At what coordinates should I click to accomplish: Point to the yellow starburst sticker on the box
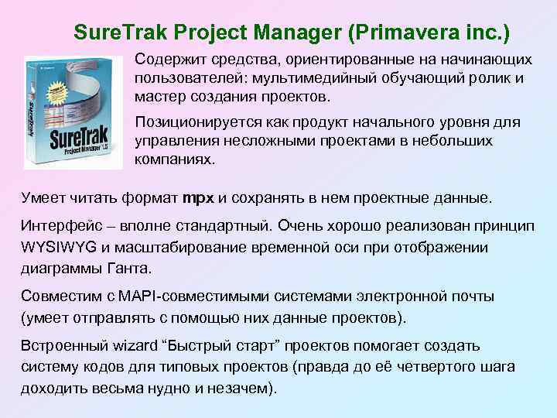[x=53, y=94]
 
